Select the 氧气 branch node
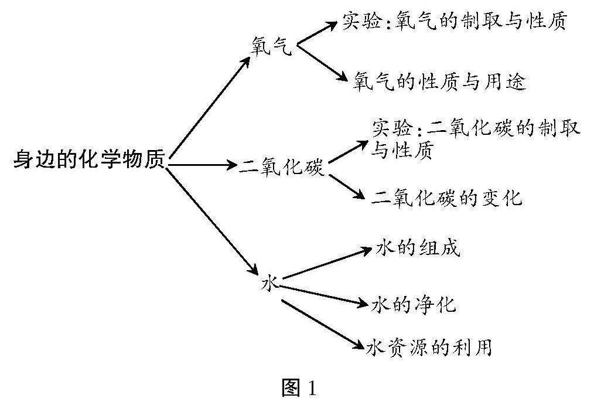point(270,46)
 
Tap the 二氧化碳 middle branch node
point(282,166)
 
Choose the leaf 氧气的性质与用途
point(439,81)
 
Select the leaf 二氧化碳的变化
point(446,198)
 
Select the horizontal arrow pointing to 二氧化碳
point(202,165)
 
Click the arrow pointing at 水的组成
point(329,264)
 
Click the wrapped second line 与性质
point(402,151)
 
